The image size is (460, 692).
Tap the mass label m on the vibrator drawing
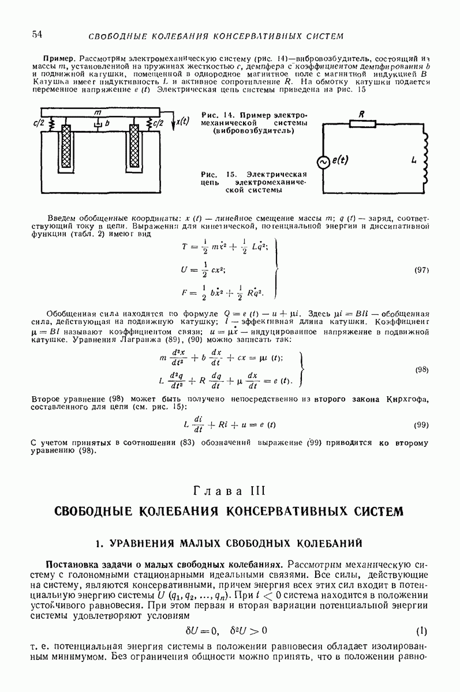98,111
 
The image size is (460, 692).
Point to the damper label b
107,123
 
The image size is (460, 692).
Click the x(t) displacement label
183,121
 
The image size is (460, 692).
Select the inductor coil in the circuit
427,156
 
